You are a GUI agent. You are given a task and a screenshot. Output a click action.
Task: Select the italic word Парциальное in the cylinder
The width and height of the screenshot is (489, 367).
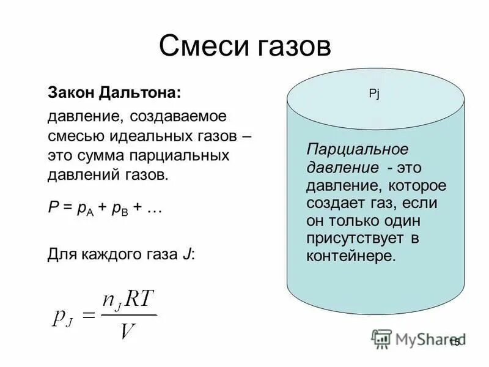point(357,150)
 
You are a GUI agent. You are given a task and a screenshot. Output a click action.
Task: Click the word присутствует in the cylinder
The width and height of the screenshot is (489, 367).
point(355,237)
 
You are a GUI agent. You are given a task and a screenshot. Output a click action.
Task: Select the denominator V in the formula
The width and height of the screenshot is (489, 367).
point(127,331)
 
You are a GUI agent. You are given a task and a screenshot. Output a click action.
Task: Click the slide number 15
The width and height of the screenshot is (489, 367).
point(454,343)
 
